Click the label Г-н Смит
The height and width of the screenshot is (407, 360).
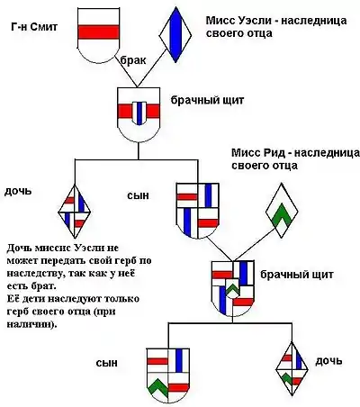pos(34,27)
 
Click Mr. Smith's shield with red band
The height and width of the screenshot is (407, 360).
pos(98,35)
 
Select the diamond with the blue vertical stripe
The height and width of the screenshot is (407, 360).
pos(175,35)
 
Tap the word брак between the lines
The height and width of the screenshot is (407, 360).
pos(133,60)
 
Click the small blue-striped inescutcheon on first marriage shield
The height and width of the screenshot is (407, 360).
pos(139,113)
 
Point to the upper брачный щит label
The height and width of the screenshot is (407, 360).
pos(207,100)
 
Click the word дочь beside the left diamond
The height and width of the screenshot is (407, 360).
pos(18,191)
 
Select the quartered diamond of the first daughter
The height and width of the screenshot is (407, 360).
pos(75,212)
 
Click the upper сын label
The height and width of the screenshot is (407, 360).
pos(138,195)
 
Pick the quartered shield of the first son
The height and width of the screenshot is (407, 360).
pos(198,210)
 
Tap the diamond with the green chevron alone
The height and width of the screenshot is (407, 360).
pos(282,210)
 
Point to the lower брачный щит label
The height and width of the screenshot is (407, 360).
pos(297,275)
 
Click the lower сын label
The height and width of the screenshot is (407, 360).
pos(107,363)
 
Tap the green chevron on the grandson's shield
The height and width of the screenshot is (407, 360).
pos(157,387)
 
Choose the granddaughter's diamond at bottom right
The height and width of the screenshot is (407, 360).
pos(292,368)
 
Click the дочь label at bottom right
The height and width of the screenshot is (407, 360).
pos(328,361)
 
